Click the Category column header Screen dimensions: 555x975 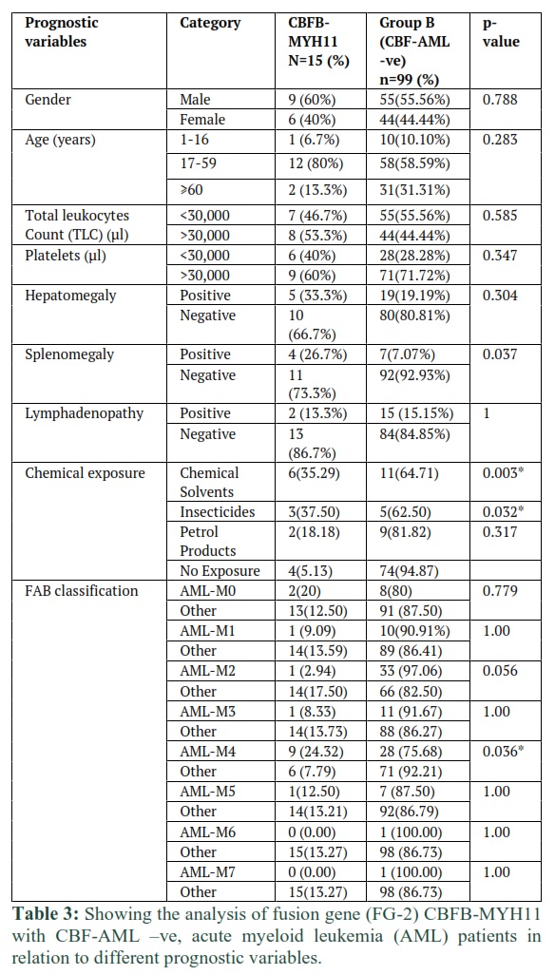(x=209, y=23)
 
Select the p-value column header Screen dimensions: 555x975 (x=501, y=33)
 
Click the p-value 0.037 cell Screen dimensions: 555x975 (x=500, y=354)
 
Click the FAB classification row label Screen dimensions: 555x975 (x=82, y=591)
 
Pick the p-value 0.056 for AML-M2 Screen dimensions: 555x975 (x=500, y=672)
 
